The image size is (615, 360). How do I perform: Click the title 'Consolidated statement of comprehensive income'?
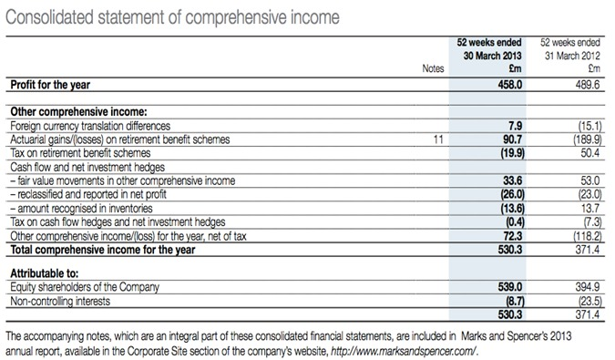(x=173, y=17)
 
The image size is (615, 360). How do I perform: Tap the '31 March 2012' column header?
(x=570, y=55)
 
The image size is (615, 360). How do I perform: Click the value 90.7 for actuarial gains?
(x=509, y=140)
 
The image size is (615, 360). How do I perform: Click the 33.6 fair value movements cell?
(x=509, y=181)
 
